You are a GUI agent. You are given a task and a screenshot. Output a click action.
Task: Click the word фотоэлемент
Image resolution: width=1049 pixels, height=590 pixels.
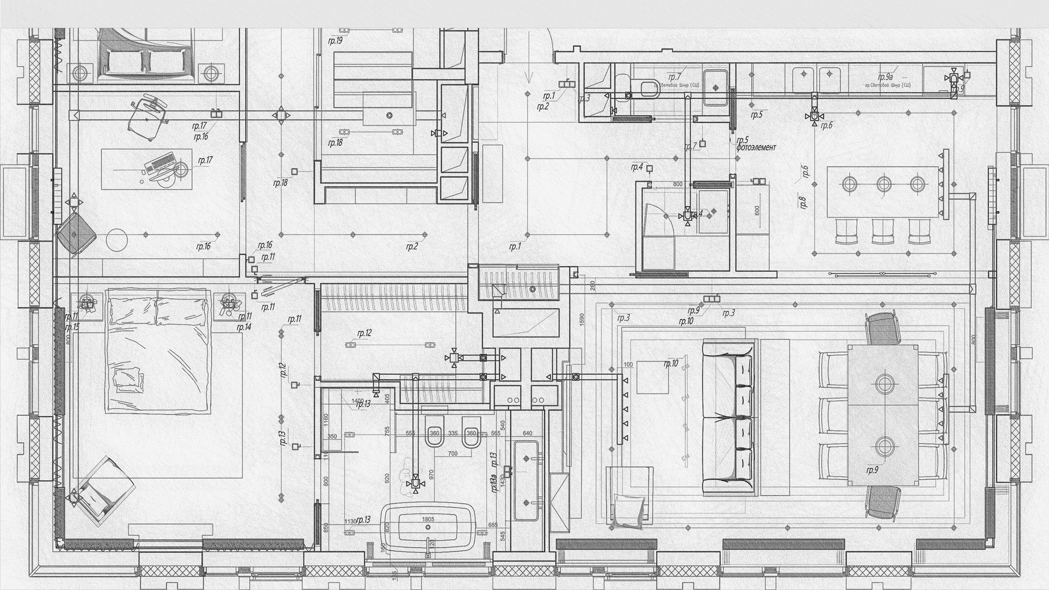coord(756,147)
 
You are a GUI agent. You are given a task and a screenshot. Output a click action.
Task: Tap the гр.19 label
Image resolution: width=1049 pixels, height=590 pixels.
coord(335,41)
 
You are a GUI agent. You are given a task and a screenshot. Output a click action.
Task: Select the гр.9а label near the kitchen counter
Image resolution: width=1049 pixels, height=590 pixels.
coord(885,77)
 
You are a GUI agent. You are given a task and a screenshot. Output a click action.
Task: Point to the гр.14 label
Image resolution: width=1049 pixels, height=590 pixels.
coord(243,327)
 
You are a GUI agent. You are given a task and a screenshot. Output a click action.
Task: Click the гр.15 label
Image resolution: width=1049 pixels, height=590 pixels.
coord(72,327)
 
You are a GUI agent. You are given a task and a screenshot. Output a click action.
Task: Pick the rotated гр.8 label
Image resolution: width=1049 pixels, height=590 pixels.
coord(803,203)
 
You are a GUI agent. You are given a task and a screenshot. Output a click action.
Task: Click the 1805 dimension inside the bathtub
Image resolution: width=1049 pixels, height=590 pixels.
coord(428,519)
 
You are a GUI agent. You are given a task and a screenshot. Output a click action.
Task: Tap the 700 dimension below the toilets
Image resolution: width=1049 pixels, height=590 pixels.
coord(452,454)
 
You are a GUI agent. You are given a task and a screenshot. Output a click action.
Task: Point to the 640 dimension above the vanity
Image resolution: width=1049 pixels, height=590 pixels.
coord(527,434)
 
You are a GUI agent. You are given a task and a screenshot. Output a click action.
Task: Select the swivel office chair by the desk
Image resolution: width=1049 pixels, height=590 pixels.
coord(148,113)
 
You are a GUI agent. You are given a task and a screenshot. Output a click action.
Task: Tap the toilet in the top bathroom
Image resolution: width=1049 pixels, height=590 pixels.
coord(648,87)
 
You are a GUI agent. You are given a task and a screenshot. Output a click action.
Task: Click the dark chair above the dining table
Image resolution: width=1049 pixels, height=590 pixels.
coord(882,329)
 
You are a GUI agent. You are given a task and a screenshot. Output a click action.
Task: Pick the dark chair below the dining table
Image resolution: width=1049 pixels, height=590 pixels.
coord(883,501)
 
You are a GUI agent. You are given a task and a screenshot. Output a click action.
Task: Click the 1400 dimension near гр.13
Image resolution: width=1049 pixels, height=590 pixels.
coord(358,401)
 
